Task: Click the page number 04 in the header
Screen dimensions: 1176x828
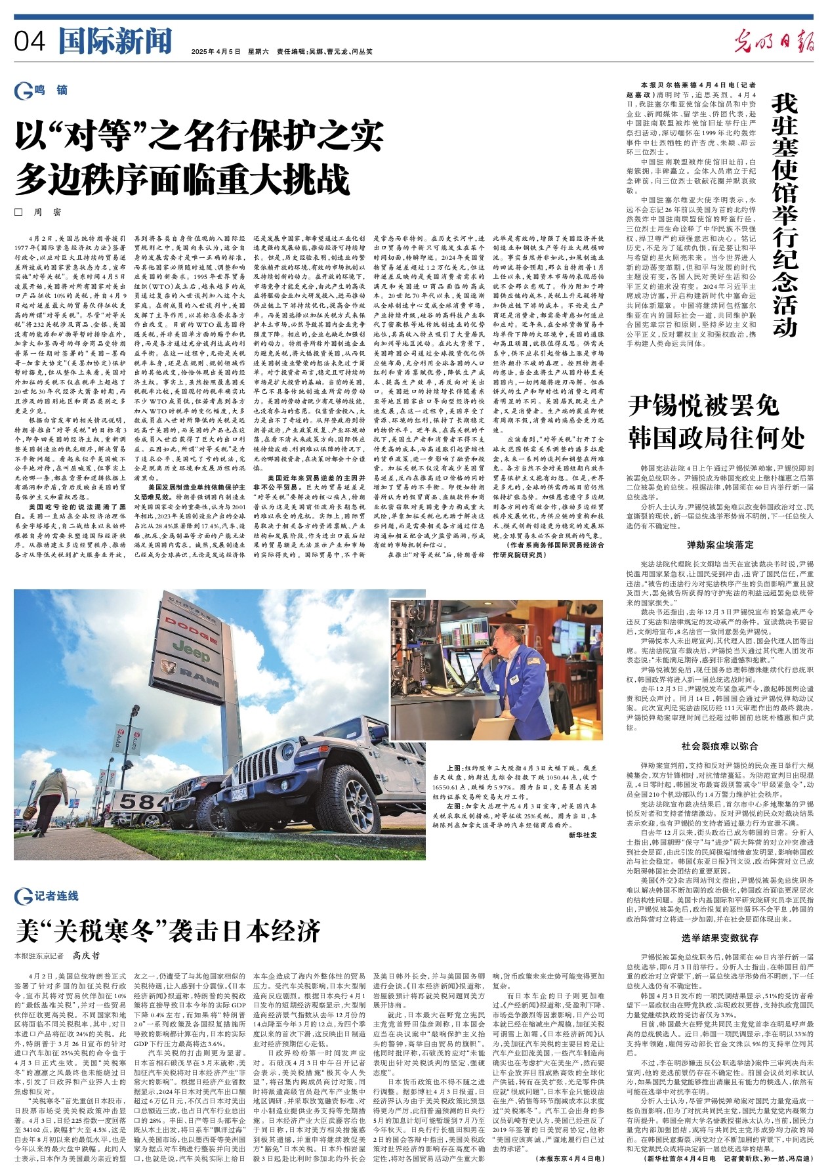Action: [x=30, y=42]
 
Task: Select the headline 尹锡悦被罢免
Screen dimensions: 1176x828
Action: [x=703, y=407]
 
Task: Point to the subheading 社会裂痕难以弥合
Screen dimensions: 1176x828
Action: [x=720, y=746]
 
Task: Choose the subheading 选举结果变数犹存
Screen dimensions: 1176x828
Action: [x=720, y=938]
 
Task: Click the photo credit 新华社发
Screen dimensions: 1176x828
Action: [x=583, y=835]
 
